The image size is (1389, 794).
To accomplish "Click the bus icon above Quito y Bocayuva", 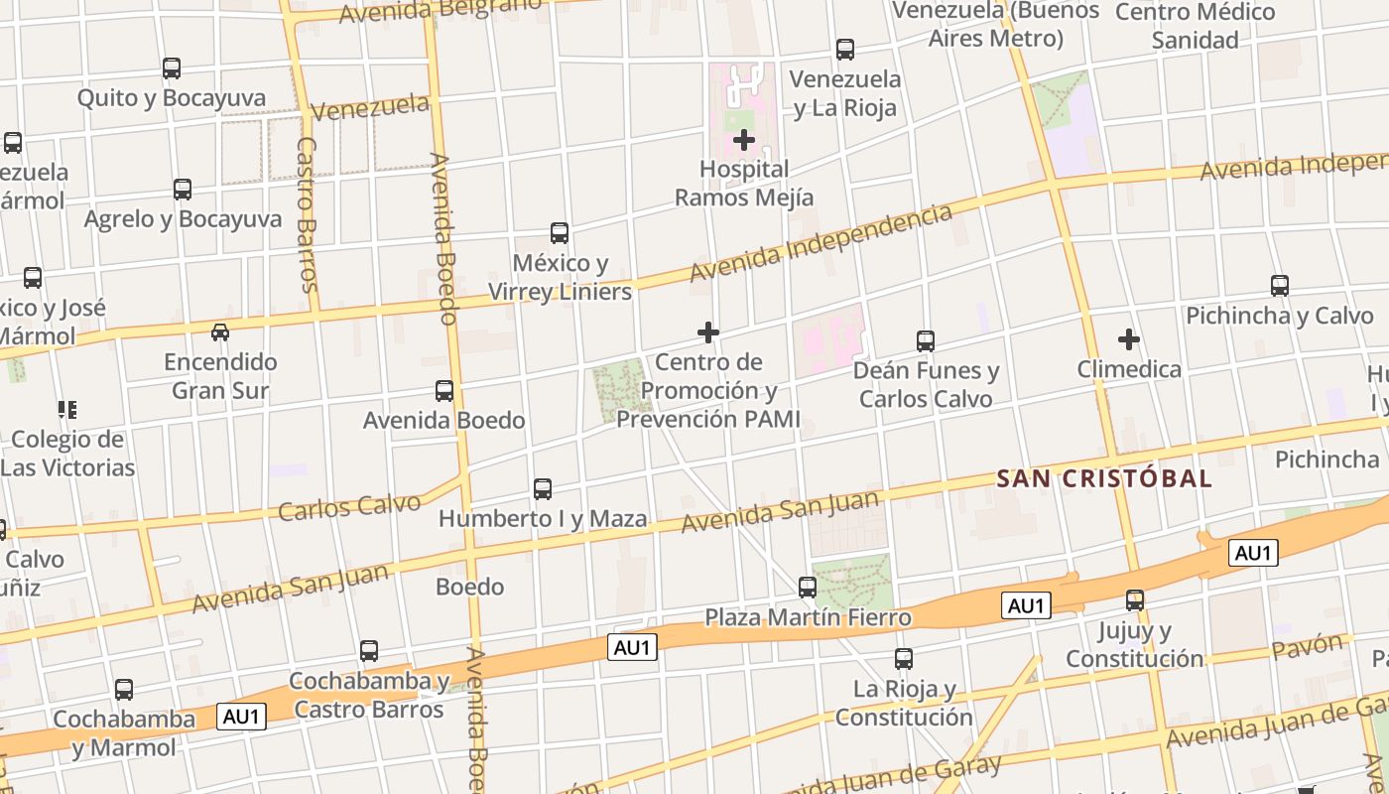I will coord(172,68).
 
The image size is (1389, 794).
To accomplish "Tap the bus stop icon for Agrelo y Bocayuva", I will coord(183,190).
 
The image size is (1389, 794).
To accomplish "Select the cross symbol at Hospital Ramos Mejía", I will coord(744,140).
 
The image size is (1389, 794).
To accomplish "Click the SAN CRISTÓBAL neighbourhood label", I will coord(1104,478).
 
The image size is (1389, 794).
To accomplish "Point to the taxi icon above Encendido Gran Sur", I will coord(220,331).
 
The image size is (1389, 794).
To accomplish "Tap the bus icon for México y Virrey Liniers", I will coord(560,233).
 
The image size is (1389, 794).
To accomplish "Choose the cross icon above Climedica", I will coord(1129,339).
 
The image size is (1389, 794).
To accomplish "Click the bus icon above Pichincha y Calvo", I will coord(1280,286).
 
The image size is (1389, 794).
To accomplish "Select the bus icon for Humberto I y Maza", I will coord(543,489).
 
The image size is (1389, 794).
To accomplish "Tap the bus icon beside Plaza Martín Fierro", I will coord(808,588).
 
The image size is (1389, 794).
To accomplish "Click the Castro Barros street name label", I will coord(307,213).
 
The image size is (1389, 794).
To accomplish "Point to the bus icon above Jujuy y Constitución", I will coord(1135,600).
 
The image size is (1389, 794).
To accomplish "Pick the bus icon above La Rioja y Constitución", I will coord(904,659).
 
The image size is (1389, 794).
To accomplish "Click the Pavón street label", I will coord(1307,648).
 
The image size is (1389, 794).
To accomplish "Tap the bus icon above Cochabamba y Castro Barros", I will coord(369,651).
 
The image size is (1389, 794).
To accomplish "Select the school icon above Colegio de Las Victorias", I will coord(67,409).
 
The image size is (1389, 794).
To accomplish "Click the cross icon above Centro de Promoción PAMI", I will coord(708,331).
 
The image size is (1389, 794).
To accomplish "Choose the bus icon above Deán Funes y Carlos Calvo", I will coord(926,341).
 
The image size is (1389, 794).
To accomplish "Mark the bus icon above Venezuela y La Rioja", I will coord(845,49).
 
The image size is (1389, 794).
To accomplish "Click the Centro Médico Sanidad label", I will coord(1195,26).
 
